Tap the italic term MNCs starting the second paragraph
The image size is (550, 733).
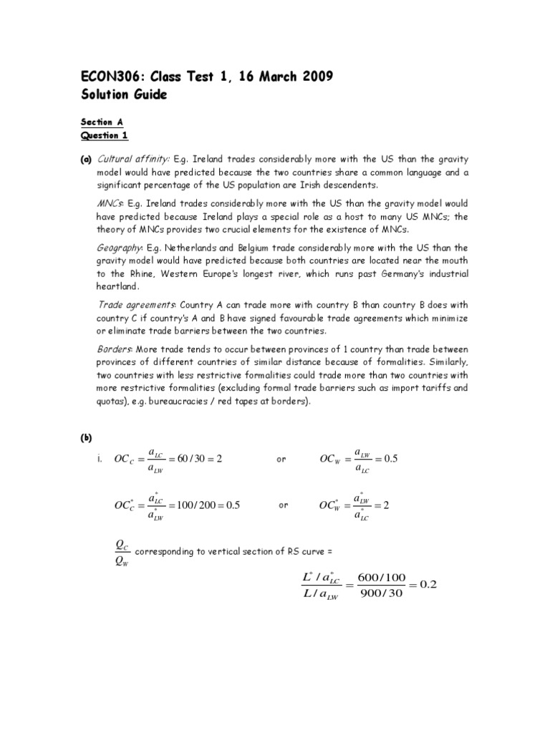tap(110, 204)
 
